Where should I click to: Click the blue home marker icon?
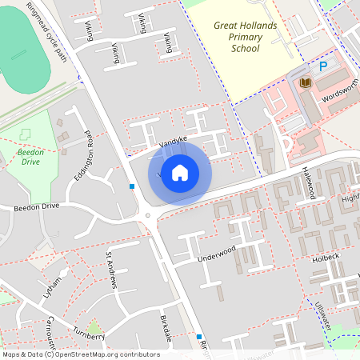(180, 172)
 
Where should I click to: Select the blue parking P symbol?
(324, 67)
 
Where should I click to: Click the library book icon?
(305, 82)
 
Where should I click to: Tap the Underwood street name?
(216, 254)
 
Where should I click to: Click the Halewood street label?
(310, 184)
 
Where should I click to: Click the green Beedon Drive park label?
(30, 156)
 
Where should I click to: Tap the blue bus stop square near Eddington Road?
(132, 186)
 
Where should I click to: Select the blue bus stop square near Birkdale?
(199, 337)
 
